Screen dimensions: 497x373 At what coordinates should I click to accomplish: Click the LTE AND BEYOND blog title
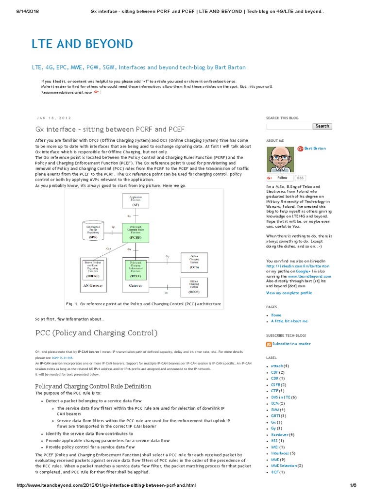click(x=82, y=44)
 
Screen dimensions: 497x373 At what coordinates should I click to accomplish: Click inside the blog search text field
click(x=289, y=126)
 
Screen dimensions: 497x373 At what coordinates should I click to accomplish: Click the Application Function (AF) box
click(x=135, y=200)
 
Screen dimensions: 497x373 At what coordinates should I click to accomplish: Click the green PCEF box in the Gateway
click(x=135, y=268)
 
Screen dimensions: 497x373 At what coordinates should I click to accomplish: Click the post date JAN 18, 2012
click(x=53, y=117)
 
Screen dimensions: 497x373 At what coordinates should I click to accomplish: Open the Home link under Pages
click(x=276, y=315)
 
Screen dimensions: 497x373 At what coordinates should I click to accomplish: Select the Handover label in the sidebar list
click(x=280, y=434)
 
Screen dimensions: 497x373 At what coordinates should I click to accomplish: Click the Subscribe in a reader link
click(x=291, y=343)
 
